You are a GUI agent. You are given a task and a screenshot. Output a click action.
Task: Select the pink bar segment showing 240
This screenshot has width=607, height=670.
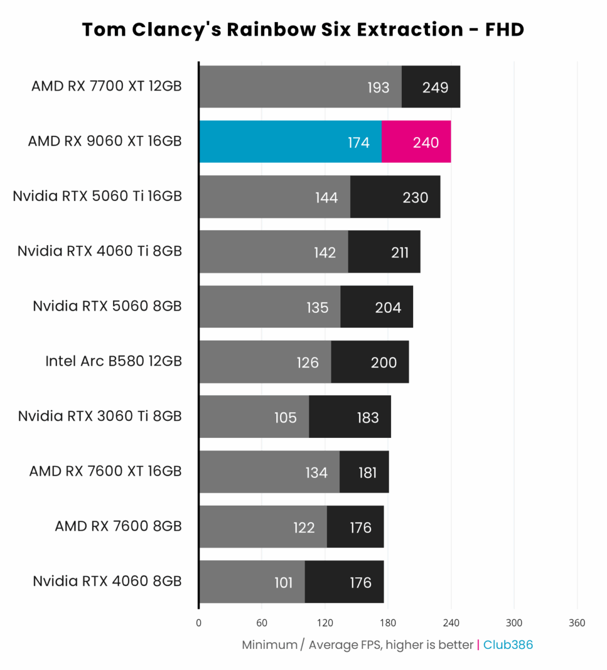click(x=416, y=142)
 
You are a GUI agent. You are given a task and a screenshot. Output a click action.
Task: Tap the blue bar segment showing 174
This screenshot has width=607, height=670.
click(x=290, y=142)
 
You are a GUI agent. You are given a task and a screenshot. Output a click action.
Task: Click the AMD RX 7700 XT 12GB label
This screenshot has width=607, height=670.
click(x=106, y=86)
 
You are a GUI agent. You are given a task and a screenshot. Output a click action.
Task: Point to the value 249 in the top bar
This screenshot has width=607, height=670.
click(x=435, y=88)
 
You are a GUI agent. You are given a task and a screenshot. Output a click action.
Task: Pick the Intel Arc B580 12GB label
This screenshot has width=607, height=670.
click(x=114, y=361)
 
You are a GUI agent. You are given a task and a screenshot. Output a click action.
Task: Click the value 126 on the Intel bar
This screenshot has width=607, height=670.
click(x=307, y=363)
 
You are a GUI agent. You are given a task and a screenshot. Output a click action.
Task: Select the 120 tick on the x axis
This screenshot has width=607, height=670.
click(x=325, y=623)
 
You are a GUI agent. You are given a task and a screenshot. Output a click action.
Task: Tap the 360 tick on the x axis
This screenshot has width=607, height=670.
click(x=577, y=623)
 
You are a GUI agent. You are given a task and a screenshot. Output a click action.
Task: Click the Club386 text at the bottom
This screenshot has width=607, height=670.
click(x=508, y=645)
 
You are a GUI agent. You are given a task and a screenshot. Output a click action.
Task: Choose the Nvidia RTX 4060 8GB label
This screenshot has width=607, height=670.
click(x=107, y=581)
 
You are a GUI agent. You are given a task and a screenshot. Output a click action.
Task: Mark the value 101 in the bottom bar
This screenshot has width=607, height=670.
click(x=284, y=583)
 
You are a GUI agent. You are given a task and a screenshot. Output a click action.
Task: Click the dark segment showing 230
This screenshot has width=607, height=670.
click(x=395, y=197)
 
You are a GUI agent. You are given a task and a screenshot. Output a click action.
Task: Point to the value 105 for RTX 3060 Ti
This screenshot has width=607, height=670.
click(x=285, y=418)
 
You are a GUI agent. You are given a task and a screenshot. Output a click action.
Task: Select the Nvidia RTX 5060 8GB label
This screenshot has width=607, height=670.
click(x=107, y=306)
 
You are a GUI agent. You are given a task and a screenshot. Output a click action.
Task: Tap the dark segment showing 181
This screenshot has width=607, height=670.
click(x=364, y=472)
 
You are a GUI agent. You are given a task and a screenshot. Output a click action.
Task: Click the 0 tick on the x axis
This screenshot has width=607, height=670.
click(x=198, y=623)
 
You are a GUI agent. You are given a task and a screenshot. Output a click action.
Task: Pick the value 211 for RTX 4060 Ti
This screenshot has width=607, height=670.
click(x=400, y=253)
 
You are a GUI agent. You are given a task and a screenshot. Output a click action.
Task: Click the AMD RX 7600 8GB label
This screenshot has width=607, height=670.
click(x=118, y=526)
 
